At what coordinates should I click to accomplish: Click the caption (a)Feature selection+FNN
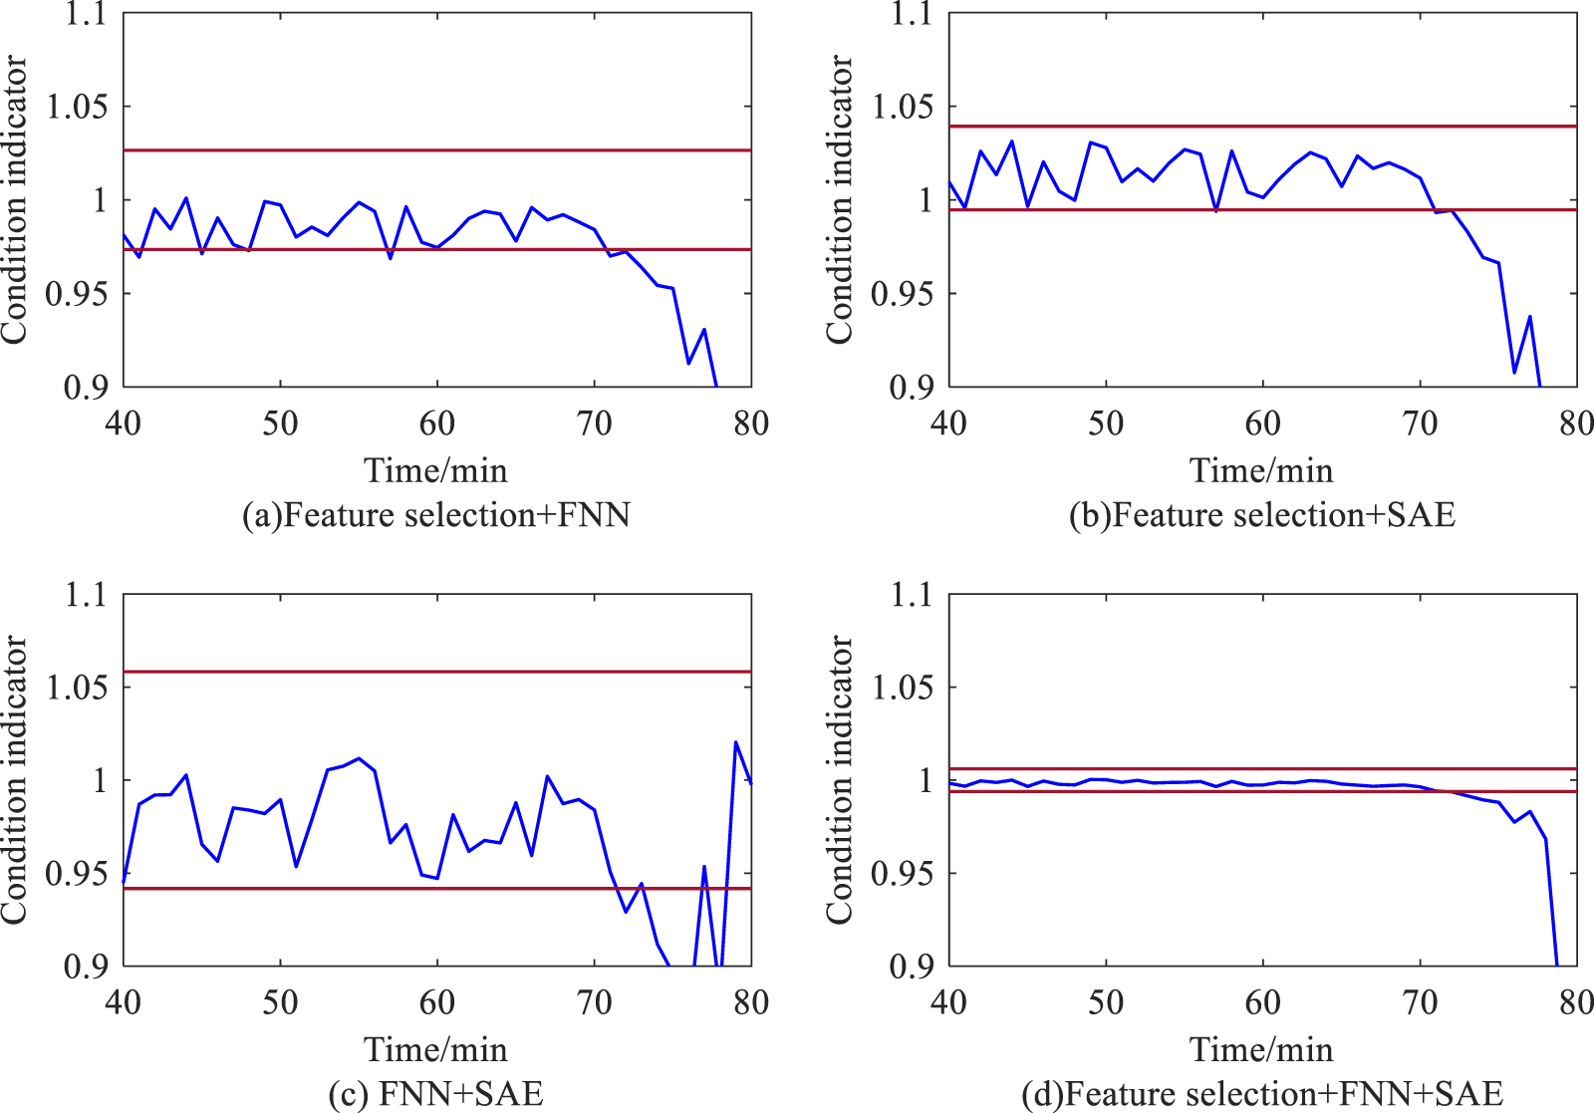coord(436,515)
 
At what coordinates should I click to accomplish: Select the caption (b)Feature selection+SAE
coord(1261,515)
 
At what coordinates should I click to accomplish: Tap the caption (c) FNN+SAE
coord(436,1094)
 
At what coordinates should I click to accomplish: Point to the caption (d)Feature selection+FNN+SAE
coord(1261,1094)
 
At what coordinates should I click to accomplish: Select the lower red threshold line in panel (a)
coord(299,249)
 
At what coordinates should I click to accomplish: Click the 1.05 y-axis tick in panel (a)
coord(78,107)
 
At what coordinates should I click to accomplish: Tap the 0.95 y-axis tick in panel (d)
coord(903,873)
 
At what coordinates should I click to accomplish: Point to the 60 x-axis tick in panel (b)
coord(1262,423)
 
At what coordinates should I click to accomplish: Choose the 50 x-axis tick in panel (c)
coord(280,1002)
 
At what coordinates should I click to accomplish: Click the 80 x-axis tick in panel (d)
coord(1576,1002)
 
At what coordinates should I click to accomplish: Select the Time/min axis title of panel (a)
coord(436,470)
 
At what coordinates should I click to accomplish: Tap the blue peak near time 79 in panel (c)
coord(735,742)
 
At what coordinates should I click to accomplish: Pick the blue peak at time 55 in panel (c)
coord(360,758)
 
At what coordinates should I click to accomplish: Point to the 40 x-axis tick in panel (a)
coord(124,423)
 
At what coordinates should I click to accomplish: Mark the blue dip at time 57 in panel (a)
coord(391,258)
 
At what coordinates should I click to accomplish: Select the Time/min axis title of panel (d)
coord(1261,1049)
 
